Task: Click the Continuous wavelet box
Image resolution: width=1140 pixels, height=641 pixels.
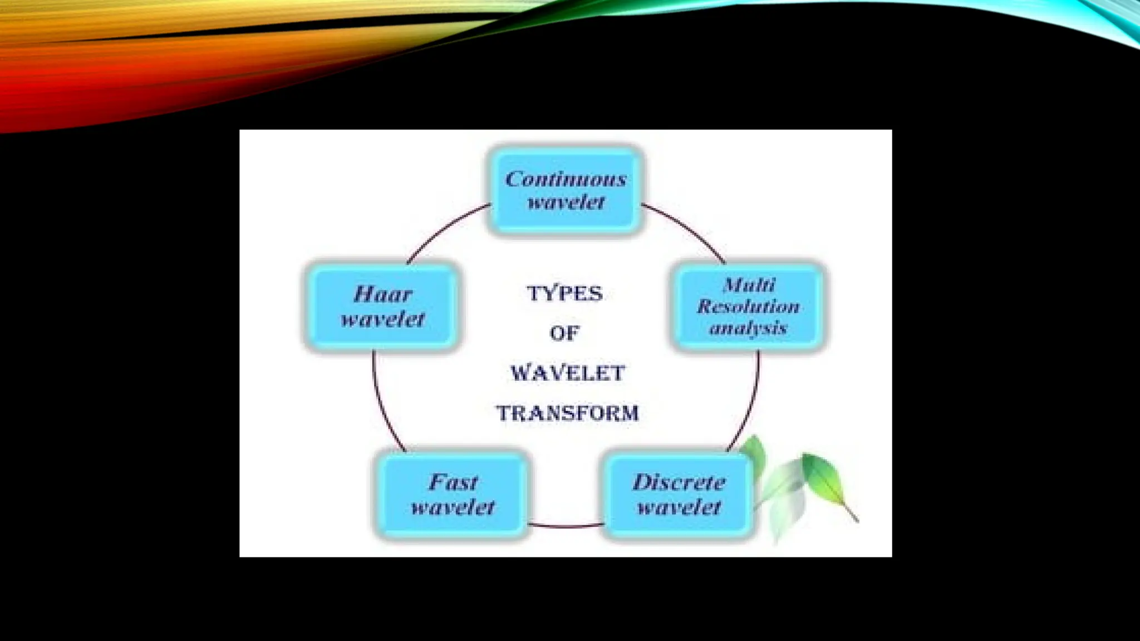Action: coord(566,190)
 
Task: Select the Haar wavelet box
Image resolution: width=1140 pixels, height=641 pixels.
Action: coord(383,307)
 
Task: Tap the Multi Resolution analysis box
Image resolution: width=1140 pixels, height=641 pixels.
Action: coord(748,307)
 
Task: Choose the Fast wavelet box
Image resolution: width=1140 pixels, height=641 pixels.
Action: coord(452,495)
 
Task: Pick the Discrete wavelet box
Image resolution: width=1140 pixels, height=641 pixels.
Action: coord(679,495)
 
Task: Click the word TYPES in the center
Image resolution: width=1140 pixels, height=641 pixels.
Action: coord(565,293)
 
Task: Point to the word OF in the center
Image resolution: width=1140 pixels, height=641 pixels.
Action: coord(564,333)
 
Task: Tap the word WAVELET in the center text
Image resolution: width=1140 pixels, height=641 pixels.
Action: coord(568,373)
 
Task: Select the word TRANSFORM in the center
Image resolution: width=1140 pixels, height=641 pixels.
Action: coord(567,413)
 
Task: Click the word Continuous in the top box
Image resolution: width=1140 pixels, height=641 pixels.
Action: coord(566,179)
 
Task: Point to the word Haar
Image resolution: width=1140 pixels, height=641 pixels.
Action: coord(383,294)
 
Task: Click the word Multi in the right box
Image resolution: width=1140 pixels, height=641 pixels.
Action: coord(749,285)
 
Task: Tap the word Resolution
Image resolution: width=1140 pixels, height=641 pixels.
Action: coord(748,307)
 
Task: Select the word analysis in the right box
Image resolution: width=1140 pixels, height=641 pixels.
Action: coord(748,328)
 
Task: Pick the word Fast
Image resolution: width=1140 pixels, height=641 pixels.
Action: coord(453,482)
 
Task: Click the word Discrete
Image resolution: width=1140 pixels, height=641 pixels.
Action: coord(679,482)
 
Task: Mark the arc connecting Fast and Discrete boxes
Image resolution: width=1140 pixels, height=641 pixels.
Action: coord(566,526)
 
